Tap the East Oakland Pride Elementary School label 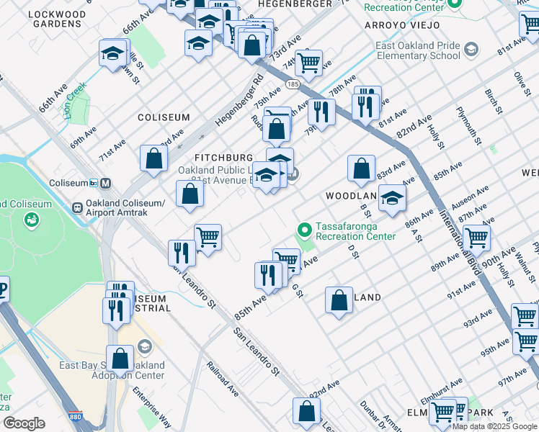(417, 50)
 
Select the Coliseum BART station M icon (106, 183)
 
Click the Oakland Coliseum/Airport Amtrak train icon (77, 207)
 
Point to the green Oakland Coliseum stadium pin (31, 220)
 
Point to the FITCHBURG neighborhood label (224, 158)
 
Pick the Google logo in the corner (24, 423)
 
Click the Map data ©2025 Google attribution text (494, 426)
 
